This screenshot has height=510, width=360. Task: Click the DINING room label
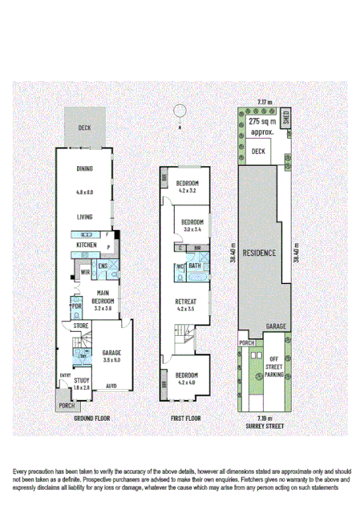pyautogui.click(x=85, y=168)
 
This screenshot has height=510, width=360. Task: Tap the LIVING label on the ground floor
pyautogui.click(x=85, y=217)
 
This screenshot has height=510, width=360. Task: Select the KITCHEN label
pyautogui.click(x=87, y=244)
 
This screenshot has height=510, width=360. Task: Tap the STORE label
pyautogui.click(x=80, y=326)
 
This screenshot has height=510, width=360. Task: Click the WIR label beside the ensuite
pyautogui.click(x=84, y=272)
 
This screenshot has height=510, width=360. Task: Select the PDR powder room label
pyautogui.click(x=77, y=306)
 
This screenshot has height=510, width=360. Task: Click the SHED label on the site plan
pyautogui.click(x=286, y=119)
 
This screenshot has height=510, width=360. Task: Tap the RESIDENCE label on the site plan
pyautogui.click(x=259, y=253)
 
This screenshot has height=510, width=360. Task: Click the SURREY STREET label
pyautogui.click(x=264, y=426)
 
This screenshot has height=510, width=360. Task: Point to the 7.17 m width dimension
pyautogui.click(x=264, y=103)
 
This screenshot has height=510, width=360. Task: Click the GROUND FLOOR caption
pyautogui.click(x=91, y=419)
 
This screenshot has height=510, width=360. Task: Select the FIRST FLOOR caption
pyautogui.click(x=185, y=419)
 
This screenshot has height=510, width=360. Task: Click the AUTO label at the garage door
pyautogui.click(x=111, y=386)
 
